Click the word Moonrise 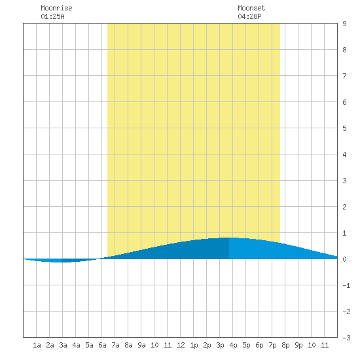[x=56, y=8]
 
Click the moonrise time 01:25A [x=52, y=16]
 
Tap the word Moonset [x=251, y=8]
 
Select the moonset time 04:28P [x=249, y=16]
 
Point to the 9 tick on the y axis [x=344, y=24]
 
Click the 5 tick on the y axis [x=344, y=128]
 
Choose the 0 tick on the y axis [x=344, y=259]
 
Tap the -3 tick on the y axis [x=346, y=338]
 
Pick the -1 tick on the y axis [x=346, y=285]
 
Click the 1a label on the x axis [x=37, y=345]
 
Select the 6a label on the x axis [x=102, y=345]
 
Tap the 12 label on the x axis [x=181, y=345]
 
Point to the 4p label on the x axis [x=233, y=345]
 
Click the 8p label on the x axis [x=285, y=345]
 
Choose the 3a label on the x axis [x=63, y=345]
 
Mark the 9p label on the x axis [x=298, y=345]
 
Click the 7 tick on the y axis [x=344, y=76]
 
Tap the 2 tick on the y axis [x=344, y=207]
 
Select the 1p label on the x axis [x=194, y=345]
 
